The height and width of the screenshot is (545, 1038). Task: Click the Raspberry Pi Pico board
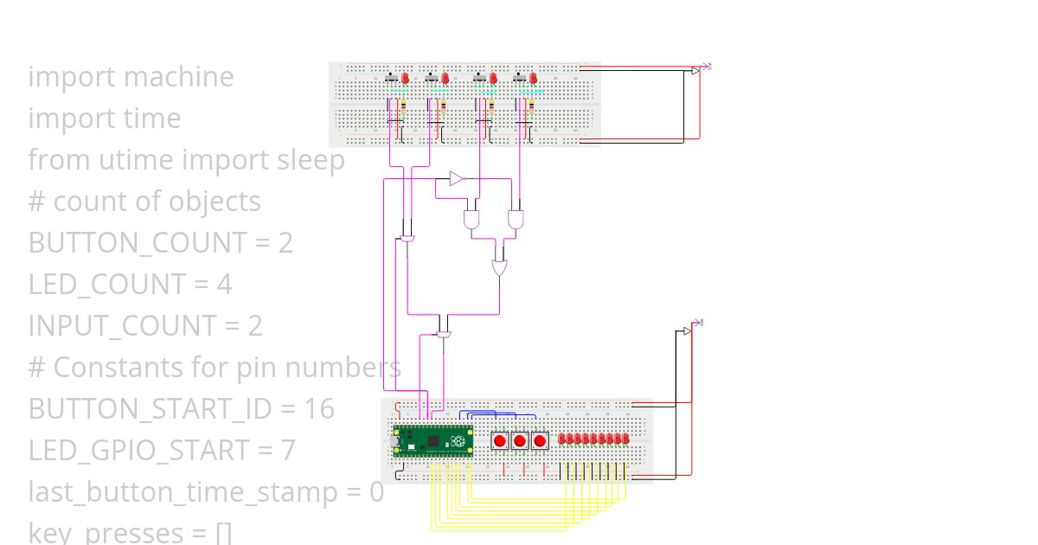(x=432, y=441)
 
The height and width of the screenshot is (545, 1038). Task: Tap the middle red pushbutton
(x=520, y=440)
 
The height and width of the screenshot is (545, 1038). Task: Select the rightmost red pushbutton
(x=540, y=440)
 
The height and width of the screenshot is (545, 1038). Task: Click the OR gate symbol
(x=500, y=266)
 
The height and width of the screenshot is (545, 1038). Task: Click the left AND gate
(x=471, y=218)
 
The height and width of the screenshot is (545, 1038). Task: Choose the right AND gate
(x=516, y=218)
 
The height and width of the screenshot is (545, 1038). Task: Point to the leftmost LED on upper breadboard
(x=404, y=78)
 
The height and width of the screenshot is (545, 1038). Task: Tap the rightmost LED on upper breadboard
(x=534, y=78)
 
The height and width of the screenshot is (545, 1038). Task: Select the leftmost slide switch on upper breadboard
(x=390, y=78)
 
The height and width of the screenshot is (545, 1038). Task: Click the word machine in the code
(x=179, y=77)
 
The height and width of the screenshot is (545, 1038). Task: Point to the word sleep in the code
(x=311, y=160)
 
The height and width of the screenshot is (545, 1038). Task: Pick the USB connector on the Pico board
(x=397, y=441)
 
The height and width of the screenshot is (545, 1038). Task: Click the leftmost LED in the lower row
(x=562, y=439)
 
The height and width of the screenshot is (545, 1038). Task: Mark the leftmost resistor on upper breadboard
(x=403, y=108)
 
